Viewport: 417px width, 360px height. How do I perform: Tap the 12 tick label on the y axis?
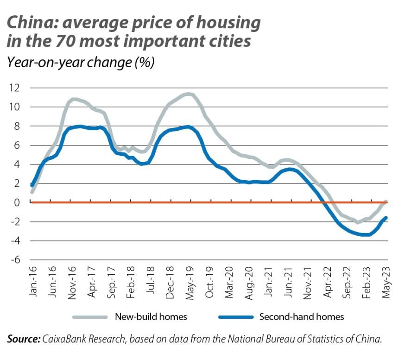pyautogui.click(x=15, y=88)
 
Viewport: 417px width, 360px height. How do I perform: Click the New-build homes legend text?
pyautogui.click(x=151, y=317)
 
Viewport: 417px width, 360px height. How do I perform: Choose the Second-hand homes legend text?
pyautogui.click(x=302, y=317)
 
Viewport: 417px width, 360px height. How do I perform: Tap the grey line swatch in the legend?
pyautogui.click(x=90, y=317)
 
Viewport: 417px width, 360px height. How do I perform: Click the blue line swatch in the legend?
pyautogui.click(x=235, y=317)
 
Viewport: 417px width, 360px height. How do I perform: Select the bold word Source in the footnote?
pyautogui.click(x=24, y=339)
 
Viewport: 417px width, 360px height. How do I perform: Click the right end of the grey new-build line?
pyautogui.click(x=386, y=202)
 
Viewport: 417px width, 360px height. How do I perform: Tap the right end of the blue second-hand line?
pyautogui.click(x=386, y=218)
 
